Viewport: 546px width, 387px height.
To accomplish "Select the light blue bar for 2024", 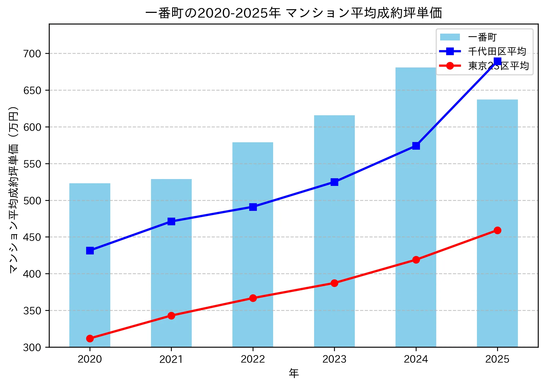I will pyautogui.click(x=416, y=210).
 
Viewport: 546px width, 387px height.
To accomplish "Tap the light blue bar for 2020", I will pyautogui.click(x=90, y=265).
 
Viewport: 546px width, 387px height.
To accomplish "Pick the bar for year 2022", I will pyautogui.click(x=253, y=244).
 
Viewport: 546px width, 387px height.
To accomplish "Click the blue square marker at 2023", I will pyautogui.click(x=334, y=182).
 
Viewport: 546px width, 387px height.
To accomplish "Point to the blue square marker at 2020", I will pyautogui.click(x=90, y=251).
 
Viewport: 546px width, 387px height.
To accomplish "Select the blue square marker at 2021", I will pyautogui.click(x=171, y=221).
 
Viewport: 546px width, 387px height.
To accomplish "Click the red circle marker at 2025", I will pyautogui.click(x=497, y=230).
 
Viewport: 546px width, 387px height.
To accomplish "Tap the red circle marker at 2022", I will pyautogui.click(x=253, y=298).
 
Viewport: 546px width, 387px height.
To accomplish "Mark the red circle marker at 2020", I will pyautogui.click(x=90, y=338).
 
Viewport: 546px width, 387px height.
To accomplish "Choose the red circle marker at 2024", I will pyautogui.click(x=416, y=260).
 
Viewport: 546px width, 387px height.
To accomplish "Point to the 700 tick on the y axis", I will pyautogui.click(x=32, y=54).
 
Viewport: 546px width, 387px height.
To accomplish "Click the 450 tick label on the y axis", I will pyautogui.click(x=32, y=237).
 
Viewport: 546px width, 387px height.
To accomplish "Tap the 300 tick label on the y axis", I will pyautogui.click(x=32, y=347).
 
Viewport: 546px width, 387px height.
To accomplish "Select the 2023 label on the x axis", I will pyautogui.click(x=334, y=359).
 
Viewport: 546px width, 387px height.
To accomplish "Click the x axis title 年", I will pyautogui.click(x=294, y=373).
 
